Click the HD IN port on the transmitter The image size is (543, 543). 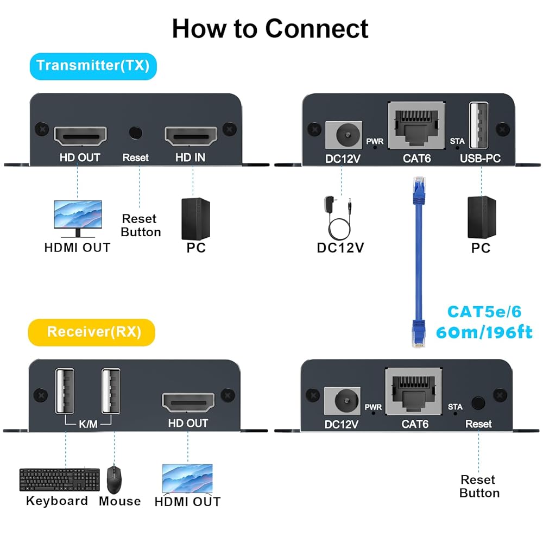click(191, 137)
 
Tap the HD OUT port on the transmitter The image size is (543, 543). click(80, 137)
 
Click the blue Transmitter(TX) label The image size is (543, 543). click(93, 66)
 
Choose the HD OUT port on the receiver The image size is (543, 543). click(188, 402)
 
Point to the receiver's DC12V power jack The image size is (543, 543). click(340, 401)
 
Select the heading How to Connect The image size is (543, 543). click(270, 28)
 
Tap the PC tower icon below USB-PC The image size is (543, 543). click(482, 217)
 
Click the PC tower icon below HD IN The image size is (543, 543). click(195, 218)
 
